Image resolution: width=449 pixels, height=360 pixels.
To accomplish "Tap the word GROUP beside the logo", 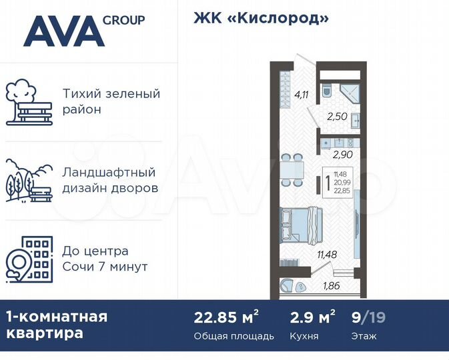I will click(x=123, y=20).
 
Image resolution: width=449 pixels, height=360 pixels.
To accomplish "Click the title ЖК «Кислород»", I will click(x=262, y=18).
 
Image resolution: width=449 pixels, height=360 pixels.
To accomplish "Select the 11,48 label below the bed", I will click(x=327, y=253).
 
